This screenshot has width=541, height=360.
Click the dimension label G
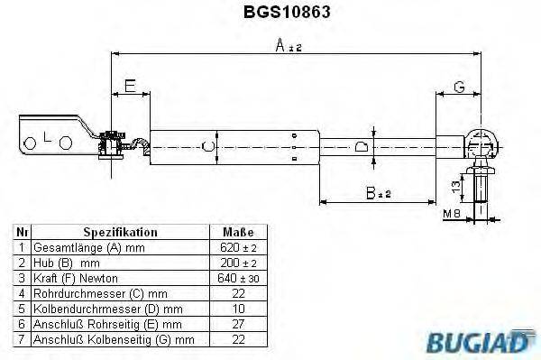[x=458, y=87]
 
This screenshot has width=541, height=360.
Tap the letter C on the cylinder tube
[x=209, y=145]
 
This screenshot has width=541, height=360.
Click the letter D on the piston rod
[x=361, y=145]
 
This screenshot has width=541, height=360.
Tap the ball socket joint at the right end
[x=481, y=142]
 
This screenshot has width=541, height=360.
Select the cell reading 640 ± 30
[x=231, y=278]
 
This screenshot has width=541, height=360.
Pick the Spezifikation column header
[x=121, y=232]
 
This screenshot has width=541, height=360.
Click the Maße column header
[x=231, y=232]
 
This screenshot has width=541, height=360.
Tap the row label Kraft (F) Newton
[x=76, y=278]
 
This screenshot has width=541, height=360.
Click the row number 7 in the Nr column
[x=21, y=339]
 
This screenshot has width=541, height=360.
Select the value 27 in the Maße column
[x=231, y=324]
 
